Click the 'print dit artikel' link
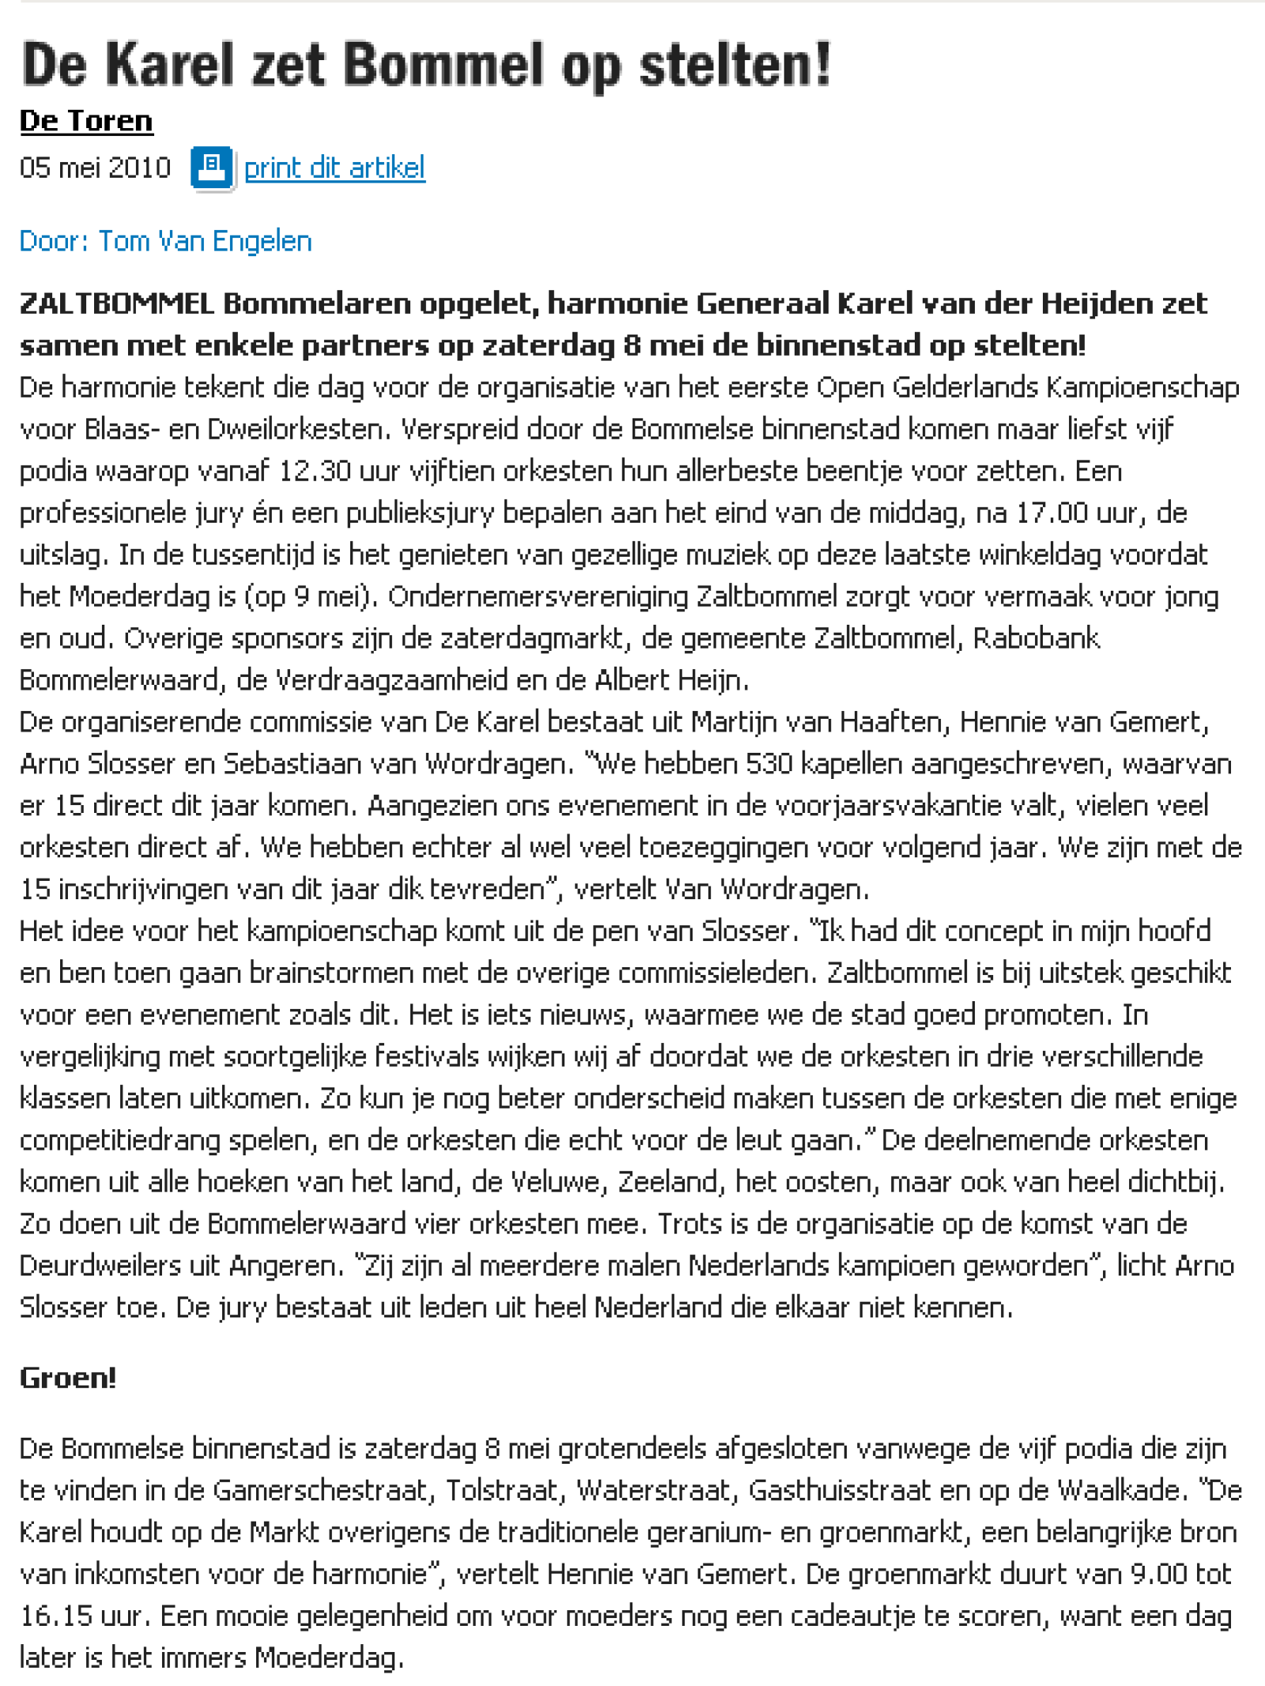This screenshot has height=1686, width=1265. click(x=334, y=168)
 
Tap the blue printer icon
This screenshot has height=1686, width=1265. click(x=211, y=168)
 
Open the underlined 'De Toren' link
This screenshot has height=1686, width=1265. click(x=86, y=121)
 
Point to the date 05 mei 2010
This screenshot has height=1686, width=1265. click(x=95, y=168)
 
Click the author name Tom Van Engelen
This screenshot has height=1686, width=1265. click(x=205, y=241)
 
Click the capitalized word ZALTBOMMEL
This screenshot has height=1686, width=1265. click(x=117, y=304)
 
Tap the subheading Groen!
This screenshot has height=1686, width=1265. click(x=68, y=1378)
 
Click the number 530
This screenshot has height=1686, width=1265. click(x=768, y=764)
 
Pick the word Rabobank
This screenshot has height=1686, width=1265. click(x=1036, y=639)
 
